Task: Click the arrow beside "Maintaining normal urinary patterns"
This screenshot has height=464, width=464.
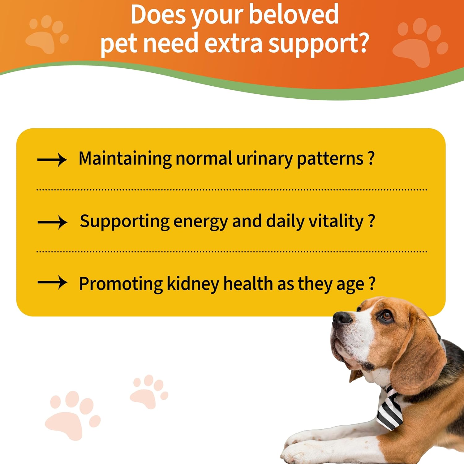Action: pos(52,160)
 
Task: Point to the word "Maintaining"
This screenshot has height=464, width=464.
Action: pos(125,159)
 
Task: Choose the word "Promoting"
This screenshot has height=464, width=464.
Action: pos(121,284)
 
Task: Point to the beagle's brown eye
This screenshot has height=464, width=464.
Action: pos(386,316)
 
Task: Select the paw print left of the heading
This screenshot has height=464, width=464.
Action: pos(46,34)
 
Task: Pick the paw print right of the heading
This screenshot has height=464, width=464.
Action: pos(419,43)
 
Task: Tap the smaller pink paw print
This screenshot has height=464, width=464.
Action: pos(148,391)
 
